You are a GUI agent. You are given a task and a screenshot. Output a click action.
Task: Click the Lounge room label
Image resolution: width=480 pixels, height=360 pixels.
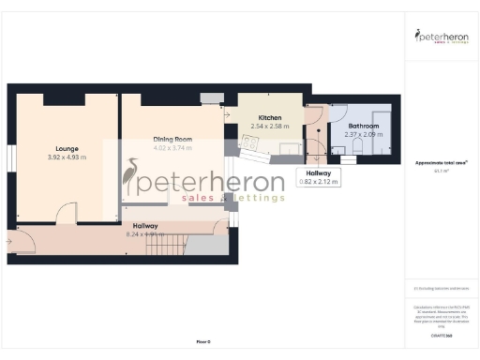pyautogui.click(x=66, y=148)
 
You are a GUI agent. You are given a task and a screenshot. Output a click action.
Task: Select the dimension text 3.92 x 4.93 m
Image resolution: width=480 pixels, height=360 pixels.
pyautogui.click(x=66, y=157)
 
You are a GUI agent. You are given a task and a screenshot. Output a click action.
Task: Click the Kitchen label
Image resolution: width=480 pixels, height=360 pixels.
pyautogui.click(x=270, y=118)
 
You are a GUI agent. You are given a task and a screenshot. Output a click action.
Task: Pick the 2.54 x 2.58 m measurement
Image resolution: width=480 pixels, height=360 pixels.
pyautogui.click(x=270, y=126)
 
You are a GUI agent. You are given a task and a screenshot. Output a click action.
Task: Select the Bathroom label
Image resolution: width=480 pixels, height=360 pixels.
pyautogui.click(x=363, y=126)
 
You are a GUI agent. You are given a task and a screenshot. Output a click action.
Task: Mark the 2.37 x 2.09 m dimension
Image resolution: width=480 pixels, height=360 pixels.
pyautogui.click(x=363, y=134)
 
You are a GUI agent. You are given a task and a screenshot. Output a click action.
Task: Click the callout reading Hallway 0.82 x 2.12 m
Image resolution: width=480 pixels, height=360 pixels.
pyautogui.click(x=318, y=176)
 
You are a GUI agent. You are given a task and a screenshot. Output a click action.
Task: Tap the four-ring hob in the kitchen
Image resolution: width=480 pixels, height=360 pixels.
pyautogui.click(x=250, y=142)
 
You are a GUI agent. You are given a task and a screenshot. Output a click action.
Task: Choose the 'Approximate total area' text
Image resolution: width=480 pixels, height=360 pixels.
pyautogui.click(x=439, y=163)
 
